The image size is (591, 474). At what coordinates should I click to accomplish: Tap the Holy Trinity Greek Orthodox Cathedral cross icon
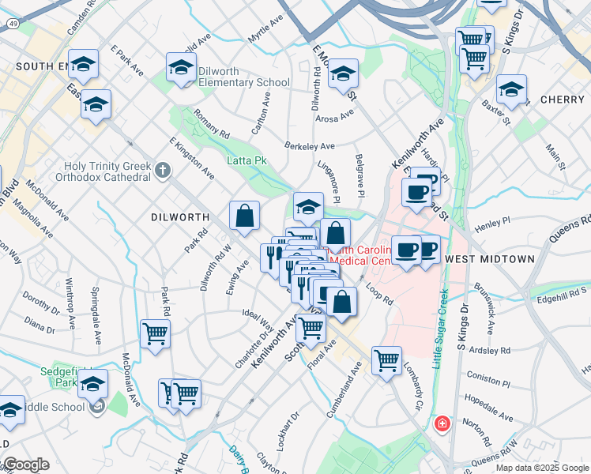point(162,171)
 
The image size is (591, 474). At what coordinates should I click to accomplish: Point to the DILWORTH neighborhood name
point(180,216)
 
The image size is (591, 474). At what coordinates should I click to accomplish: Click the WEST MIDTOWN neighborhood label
point(489,259)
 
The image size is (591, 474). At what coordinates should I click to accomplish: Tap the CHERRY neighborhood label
point(562,100)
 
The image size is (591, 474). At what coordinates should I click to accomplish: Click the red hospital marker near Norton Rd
point(441,424)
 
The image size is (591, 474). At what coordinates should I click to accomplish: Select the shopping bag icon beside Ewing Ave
point(245,215)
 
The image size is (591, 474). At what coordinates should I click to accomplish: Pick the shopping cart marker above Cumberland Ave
point(386,360)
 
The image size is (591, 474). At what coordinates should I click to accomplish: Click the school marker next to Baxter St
point(512,89)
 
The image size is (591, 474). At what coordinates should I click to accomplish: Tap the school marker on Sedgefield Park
point(92,383)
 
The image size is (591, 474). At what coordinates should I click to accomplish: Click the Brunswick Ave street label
point(482,299)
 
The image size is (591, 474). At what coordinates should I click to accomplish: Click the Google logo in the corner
point(25,465)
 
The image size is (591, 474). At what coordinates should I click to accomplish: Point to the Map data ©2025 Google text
point(542,468)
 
